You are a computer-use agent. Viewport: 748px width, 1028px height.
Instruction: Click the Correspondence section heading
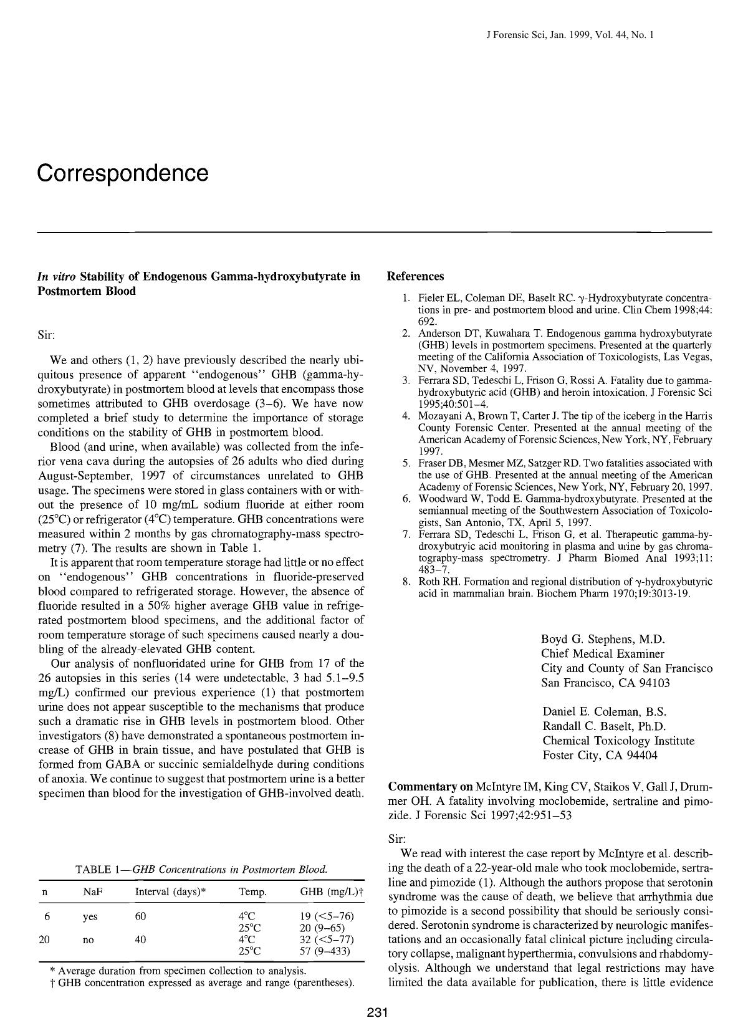122,173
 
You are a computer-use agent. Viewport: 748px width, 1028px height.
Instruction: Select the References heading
415,276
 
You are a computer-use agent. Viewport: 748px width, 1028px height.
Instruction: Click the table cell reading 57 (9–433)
325,951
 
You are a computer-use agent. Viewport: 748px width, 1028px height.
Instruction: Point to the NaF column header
92,892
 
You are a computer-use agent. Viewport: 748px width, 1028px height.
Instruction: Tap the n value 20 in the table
44,939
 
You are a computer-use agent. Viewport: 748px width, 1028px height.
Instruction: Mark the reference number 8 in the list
405,581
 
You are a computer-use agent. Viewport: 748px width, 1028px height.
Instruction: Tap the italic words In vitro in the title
58,276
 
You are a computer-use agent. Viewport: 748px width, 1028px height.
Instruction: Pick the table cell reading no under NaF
88,939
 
